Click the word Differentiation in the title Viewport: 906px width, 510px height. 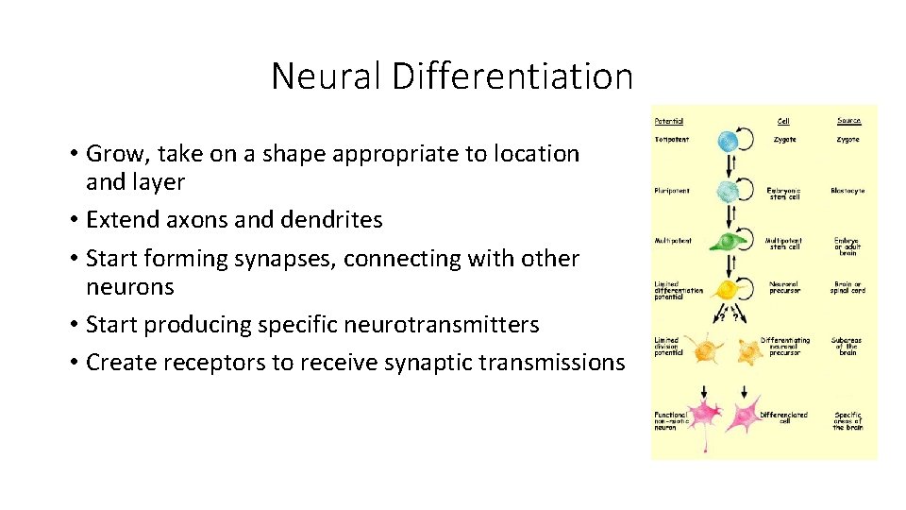512,76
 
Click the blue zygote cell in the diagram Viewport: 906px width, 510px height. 727,142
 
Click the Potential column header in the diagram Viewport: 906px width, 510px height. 669,121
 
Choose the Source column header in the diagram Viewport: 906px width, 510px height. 848,121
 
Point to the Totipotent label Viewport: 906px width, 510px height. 672,140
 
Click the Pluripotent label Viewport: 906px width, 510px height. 672,191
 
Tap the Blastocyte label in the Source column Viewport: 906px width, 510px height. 848,191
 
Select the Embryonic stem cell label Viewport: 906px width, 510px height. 783,194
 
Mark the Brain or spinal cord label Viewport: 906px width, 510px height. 848,287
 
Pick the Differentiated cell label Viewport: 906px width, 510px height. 783,416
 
